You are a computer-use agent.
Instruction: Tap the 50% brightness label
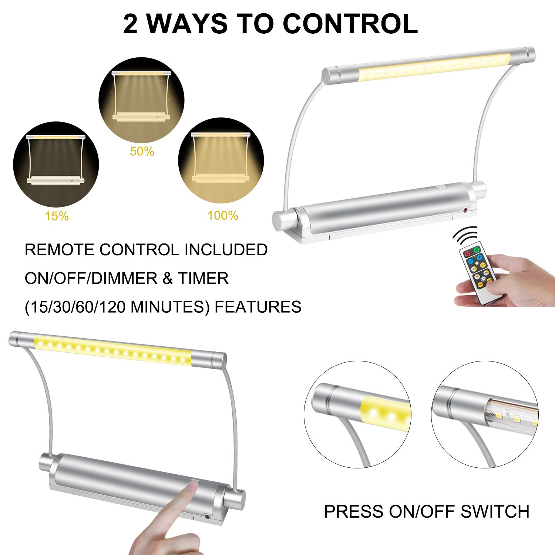pyautogui.click(x=142, y=151)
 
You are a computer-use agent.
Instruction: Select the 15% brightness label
pyautogui.click(x=57, y=216)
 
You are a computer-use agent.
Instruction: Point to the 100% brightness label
pyautogui.click(x=223, y=215)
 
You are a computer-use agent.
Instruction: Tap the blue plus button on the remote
pyautogui.click(x=480, y=257)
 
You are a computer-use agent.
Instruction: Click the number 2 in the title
pyautogui.click(x=130, y=24)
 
